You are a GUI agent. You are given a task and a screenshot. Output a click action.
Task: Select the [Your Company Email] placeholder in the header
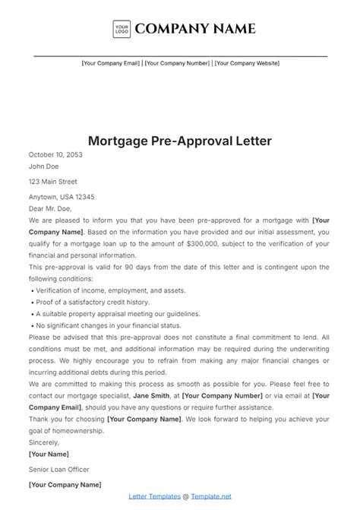point(111,63)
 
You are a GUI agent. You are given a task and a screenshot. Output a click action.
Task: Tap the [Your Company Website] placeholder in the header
point(247,63)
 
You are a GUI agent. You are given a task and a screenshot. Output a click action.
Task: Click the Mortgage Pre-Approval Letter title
point(180,141)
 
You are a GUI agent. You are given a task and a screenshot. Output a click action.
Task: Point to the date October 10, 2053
point(55,154)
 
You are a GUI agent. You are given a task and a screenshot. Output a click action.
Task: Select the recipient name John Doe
point(43,166)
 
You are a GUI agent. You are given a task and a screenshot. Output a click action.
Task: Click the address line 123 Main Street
point(53,182)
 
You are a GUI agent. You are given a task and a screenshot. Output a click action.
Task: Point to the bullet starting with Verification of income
point(93,290)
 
